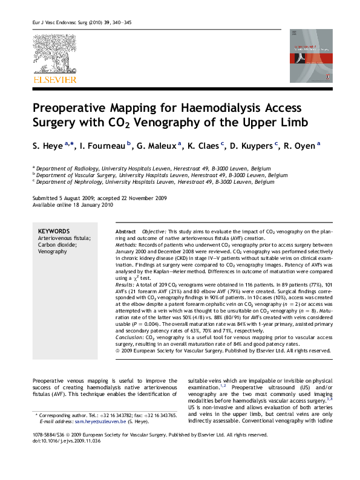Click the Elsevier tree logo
(x=54, y=54)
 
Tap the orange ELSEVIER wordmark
(x=54, y=80)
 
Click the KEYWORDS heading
(x=54, y=231)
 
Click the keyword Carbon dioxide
(x=57, y=245)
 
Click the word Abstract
(x=125, y=232)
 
